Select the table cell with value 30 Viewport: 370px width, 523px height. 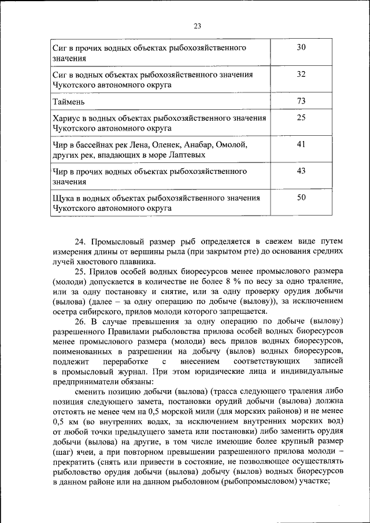coord(301,47)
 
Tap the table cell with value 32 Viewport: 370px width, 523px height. coord(301,75)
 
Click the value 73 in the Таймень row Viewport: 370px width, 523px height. coord(301,101)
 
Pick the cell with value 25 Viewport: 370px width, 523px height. coord(301,118)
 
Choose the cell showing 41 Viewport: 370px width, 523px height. coord(301,144)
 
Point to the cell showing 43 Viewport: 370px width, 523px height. coord(301,171)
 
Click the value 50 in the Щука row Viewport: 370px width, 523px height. coord(301,198)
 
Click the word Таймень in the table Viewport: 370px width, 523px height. coord(69,102)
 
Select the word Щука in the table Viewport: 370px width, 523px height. coord(64,198)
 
